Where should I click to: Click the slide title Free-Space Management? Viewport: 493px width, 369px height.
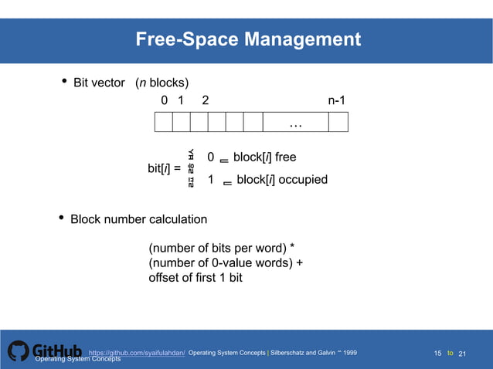[248, 39]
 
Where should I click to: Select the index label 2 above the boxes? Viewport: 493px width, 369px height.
[204, 100]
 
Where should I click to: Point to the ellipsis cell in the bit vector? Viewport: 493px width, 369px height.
[295, 123]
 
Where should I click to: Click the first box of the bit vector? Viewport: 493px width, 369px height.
[163, 123]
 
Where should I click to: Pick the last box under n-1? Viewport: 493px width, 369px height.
[338, 123]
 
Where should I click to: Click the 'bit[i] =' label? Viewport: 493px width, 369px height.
[164, 168]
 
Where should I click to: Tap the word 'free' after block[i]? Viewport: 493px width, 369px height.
[285, 157]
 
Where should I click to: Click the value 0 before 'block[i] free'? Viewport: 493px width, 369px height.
[211, 157]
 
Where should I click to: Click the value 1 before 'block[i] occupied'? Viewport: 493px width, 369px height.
[211, 180]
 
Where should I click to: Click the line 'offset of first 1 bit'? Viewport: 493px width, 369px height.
[195, 276]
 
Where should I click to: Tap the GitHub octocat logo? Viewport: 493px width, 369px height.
[18, 352]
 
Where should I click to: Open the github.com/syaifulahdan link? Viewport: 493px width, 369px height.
[138, 353]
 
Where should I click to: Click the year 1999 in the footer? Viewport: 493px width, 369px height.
[348, 353]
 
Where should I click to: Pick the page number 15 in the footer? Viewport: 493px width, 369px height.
[438, 354]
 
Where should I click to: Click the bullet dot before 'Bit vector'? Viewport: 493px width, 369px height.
[63, 81]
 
